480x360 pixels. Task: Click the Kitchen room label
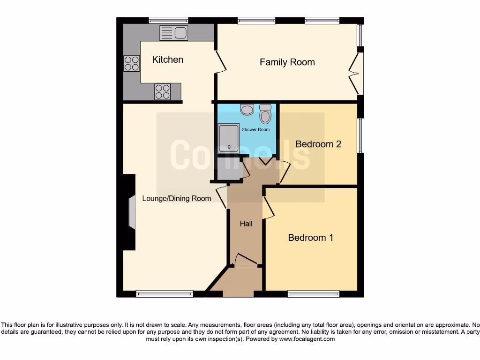(168, 60)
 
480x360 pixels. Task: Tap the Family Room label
(287, 62)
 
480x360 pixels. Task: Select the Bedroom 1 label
(310, 238)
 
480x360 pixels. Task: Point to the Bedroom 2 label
(318, 144)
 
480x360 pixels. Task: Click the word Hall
(246, 224)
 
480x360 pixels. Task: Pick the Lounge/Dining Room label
(177, 198)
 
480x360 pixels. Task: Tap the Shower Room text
(255, 129)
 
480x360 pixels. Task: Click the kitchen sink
(173, 33)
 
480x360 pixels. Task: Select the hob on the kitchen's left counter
(132, 63)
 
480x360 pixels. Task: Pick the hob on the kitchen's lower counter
(162, 92)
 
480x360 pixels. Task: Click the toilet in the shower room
(265, 114)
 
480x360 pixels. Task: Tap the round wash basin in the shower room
(247, 110)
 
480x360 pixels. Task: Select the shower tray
(229, 139)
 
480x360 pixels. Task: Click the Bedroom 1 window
(313, 294)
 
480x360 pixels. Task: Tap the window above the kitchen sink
(169, 20)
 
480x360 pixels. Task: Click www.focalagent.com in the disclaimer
(307, 339)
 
